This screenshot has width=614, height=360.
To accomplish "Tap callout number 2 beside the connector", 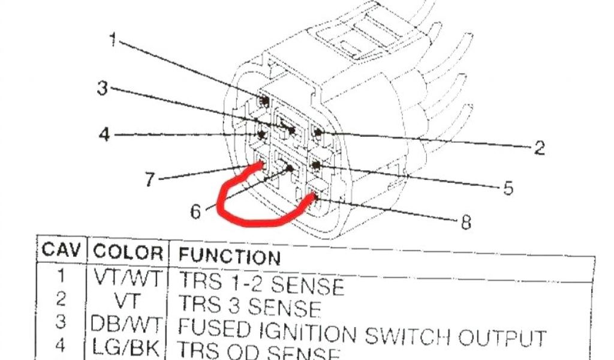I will [x=538, y=148].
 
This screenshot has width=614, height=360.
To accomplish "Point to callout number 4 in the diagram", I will [x=105, y=134].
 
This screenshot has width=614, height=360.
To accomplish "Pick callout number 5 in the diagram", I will [x=508, y=188].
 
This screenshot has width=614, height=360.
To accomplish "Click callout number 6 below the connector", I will [x=196, y=211].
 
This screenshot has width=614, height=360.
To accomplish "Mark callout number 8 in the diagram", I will [x=465, y=223].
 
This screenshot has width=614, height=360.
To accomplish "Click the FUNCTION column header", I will [x=230, y=256].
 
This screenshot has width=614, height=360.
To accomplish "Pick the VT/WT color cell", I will [x=128, y=278].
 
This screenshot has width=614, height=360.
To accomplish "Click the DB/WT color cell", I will [x=127, y=324].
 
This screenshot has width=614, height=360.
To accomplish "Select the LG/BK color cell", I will [x=128, y=346].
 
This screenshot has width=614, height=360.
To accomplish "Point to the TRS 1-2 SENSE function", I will [x=262, y=283].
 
